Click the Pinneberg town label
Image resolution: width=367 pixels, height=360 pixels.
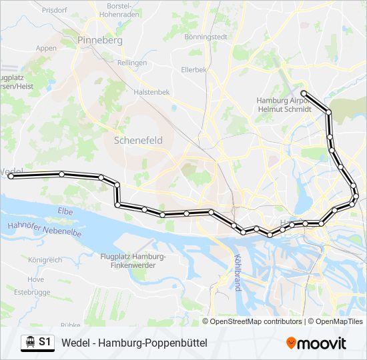click(100, 40)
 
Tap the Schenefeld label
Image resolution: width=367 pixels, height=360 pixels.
click(138, 141)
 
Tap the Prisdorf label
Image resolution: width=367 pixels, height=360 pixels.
click(55, 11)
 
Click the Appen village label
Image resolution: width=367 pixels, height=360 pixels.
click(47, 48)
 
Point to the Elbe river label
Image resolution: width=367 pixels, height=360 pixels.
click(65, 211)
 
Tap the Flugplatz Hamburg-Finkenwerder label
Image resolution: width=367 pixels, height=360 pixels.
click(132, 261)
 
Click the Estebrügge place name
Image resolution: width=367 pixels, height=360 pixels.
click(33, 291)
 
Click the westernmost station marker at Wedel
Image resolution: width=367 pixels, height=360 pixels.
click(11, 176)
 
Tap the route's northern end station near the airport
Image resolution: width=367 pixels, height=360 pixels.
click(304, 93)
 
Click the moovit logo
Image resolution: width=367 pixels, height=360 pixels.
click(316, 343)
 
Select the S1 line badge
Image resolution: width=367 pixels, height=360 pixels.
click(45, 342)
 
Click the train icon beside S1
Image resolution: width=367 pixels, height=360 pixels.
click(29, 342)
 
